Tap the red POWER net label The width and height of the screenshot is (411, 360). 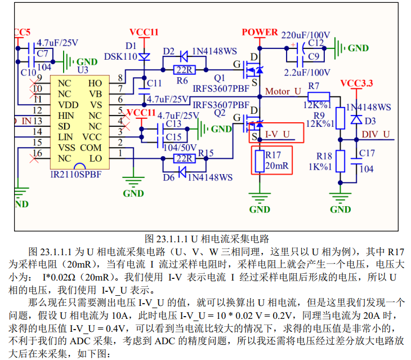pyautogui.click(x=260, y=32)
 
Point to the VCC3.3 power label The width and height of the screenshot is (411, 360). pyautogui.click(x=356, y=83)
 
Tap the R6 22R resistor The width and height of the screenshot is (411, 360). pyautogui.click(x=183, y=70)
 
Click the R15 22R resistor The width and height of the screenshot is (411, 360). pyautogui.click(x=183, y=158)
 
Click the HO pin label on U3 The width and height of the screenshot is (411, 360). pyautogui.click(x=95, y=83)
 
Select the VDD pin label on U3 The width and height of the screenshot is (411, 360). pyautogui.click(x=68, y=105)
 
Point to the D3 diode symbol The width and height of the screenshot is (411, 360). pyautogui.click(x=356, y=120)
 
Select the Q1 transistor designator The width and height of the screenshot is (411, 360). pyautogui.click(x=220, y=77)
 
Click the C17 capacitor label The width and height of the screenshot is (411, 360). pyautogui.click(x=367, y=153)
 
